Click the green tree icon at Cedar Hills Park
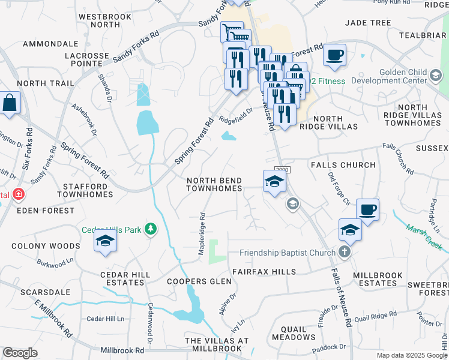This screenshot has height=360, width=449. click(x=150, y=230)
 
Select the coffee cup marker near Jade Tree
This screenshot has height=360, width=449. click(x=334, y=56)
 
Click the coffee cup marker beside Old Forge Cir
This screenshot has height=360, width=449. click(x=367, y=211)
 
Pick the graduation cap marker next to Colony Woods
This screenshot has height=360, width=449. click(x=105, y=241)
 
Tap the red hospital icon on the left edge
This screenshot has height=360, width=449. click(x=19, y=195)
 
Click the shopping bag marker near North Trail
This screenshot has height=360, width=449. click(x=10, y=103)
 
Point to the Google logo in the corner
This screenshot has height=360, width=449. click(x=20, y=353)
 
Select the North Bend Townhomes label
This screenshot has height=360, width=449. click(x=214, y=184)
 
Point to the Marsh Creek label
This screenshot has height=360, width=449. click(x=424, y=237)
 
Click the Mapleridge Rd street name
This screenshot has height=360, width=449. click(x=202, y=234)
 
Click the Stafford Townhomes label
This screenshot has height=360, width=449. click(x=85, y=190)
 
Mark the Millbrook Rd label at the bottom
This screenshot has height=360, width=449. click(x=122, y=350)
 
